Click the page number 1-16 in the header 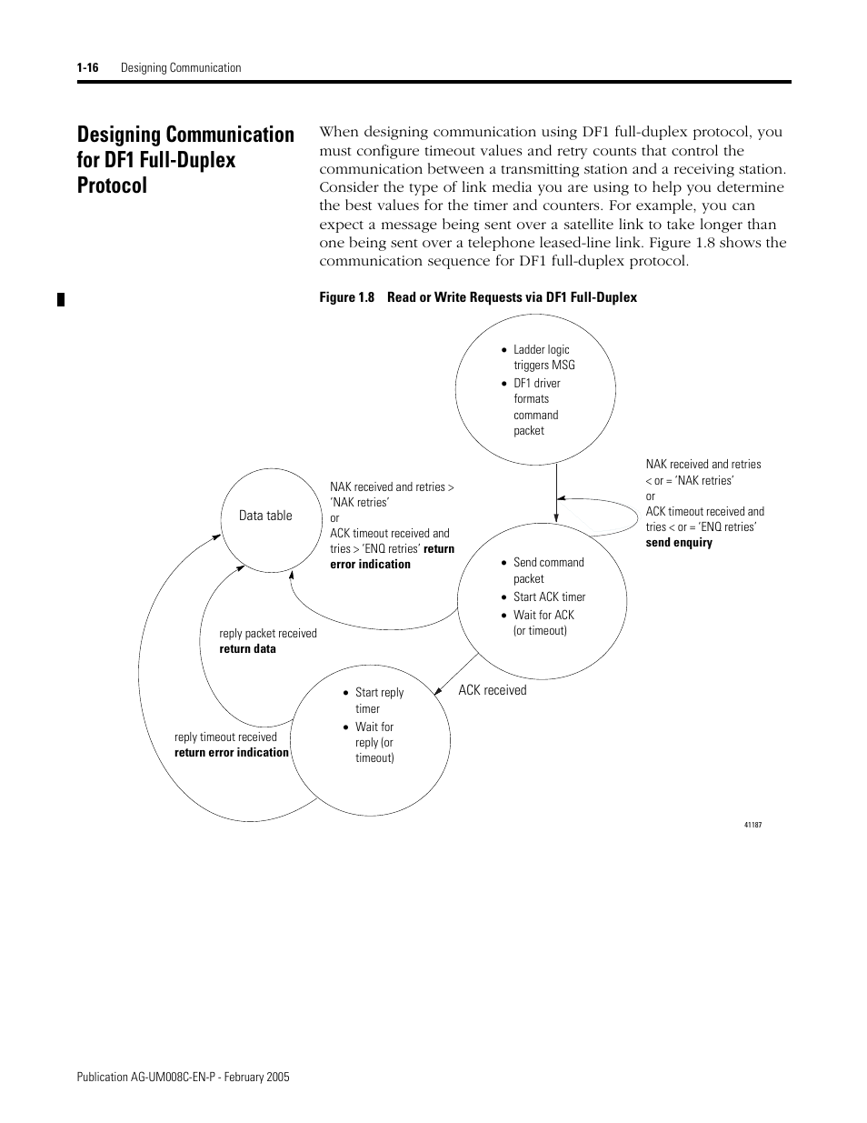tap(87, 68)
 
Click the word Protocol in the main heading tap(112, 185)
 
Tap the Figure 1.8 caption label tap(347, 297)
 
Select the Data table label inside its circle tap(265, 516)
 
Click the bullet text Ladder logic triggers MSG tap(543, 357)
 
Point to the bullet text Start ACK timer tap(549, 597)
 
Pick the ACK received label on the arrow tap(492, 690)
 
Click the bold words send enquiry tap(679, 543)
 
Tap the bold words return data tap(247, 649)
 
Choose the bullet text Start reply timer tap(378, 700)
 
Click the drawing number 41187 tap(752, 825)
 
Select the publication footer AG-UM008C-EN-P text tap(183, 1077)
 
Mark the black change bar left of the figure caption tap(61, 299)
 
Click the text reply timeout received tap(225, 737)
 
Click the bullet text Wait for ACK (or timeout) tap(543, 623)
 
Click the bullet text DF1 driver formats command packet tap(536, 406)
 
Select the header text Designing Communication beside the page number tap(181, 68)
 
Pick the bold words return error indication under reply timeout tap(232, 753)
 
